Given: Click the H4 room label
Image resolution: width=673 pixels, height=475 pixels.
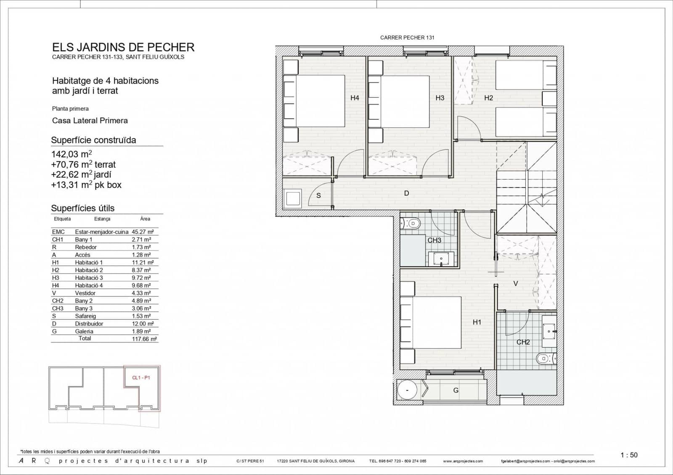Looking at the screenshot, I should (x=355, y=98).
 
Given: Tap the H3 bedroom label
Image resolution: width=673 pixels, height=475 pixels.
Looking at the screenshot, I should (x=440, y=98).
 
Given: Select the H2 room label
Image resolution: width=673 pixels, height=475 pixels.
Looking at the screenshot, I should (x=488, y=98).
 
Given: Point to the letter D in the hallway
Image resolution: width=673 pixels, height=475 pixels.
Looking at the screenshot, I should (x=406, y=193).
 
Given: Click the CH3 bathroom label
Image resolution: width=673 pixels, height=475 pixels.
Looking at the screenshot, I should (x=434, y=240).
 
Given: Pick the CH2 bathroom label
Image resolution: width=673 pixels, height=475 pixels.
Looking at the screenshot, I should (x=523, y=342).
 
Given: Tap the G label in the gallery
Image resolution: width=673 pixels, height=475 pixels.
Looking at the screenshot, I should (x=456, y=391).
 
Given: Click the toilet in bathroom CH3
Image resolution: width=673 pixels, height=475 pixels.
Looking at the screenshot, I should (x=411, y=223).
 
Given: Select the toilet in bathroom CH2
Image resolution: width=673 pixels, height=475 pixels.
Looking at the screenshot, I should (x=546, y=359).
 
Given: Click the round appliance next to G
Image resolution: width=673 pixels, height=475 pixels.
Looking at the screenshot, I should (x=407, y=391).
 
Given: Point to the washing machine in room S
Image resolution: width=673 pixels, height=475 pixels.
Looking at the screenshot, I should (x=293, y=198).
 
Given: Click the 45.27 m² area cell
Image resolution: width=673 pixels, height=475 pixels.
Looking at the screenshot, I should (x=143, y=232).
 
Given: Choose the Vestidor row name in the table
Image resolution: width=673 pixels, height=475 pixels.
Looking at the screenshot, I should (x=85, y=293).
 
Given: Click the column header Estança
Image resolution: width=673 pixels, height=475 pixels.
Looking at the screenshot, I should (x=102, y=219).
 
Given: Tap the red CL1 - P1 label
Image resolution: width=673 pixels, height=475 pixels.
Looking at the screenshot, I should (x=141, y=377).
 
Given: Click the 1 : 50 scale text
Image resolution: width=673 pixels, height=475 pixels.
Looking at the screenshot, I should (x=629, y=455).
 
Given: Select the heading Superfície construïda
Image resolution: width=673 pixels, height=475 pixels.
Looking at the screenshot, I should (x=93, y=140).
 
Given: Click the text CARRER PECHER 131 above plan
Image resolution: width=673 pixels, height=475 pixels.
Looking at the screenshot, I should (x=407, y=37).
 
